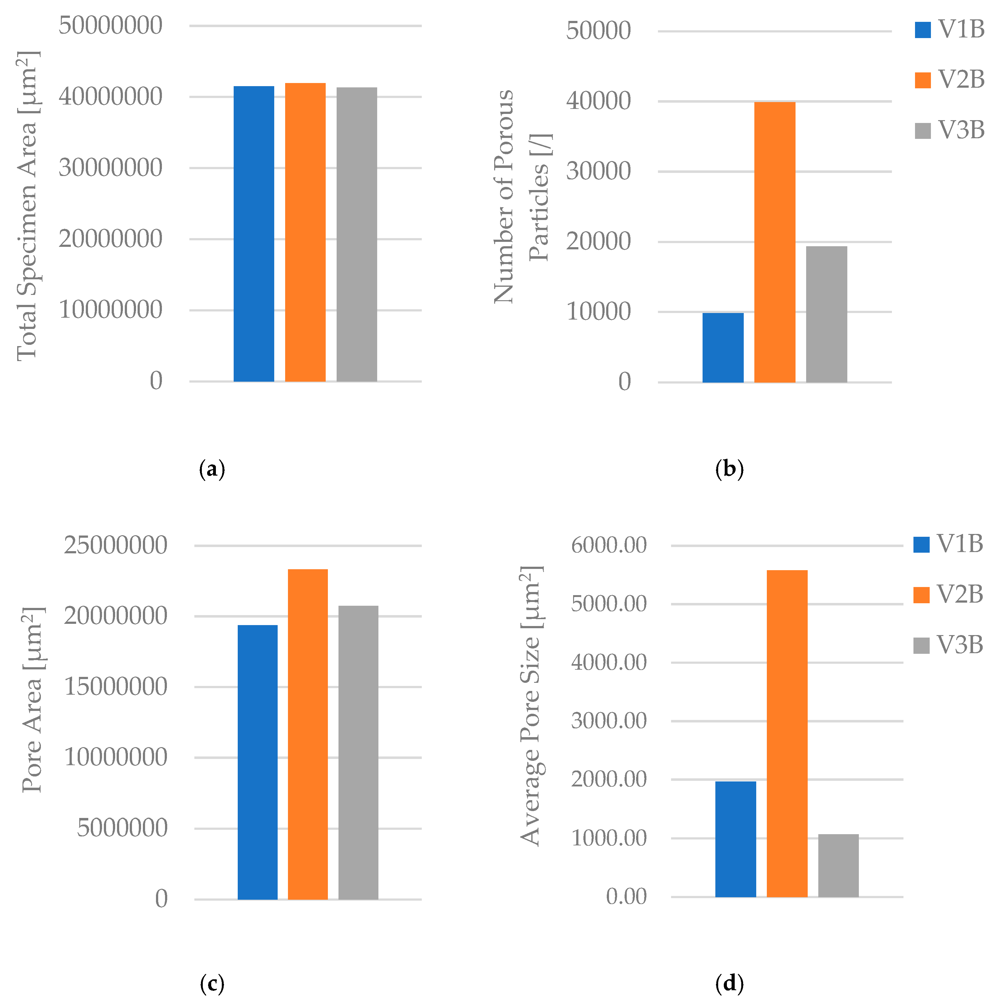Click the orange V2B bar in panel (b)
[x=774, y=242]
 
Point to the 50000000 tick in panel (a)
[x=111, y=25]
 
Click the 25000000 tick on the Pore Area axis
[x=115, y=545]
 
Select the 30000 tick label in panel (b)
[x=598, y=171]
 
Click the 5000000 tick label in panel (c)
[x=122, y=828]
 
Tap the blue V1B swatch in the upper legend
[x=923, y=30]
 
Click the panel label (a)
[x=212, y=469]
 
